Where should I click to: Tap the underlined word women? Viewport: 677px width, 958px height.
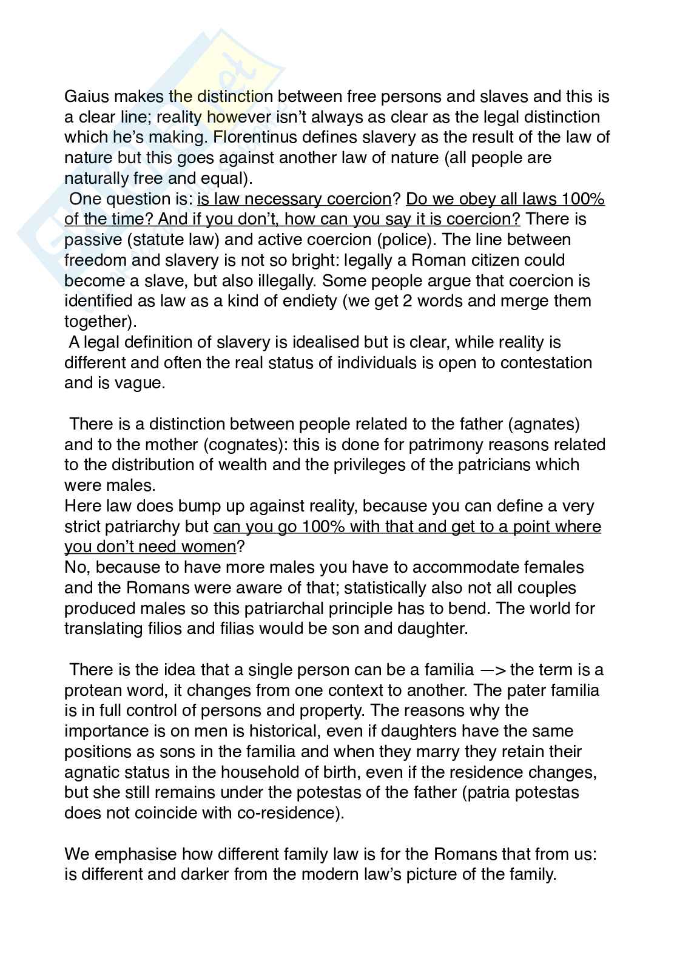tap(207, 547)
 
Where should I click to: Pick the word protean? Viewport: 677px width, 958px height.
tap(96, 690)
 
